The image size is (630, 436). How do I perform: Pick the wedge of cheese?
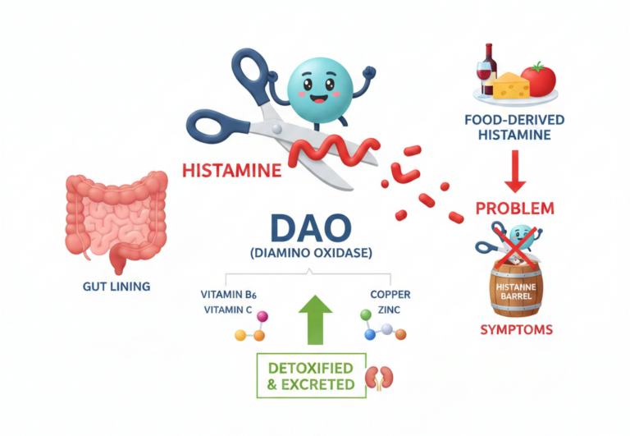pyautogui.click(x=511, y=85)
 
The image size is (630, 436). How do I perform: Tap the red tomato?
pyautogui.click(x=538, y=80)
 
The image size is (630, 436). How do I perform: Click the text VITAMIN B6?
pyautogui.click(x=232, y=294)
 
